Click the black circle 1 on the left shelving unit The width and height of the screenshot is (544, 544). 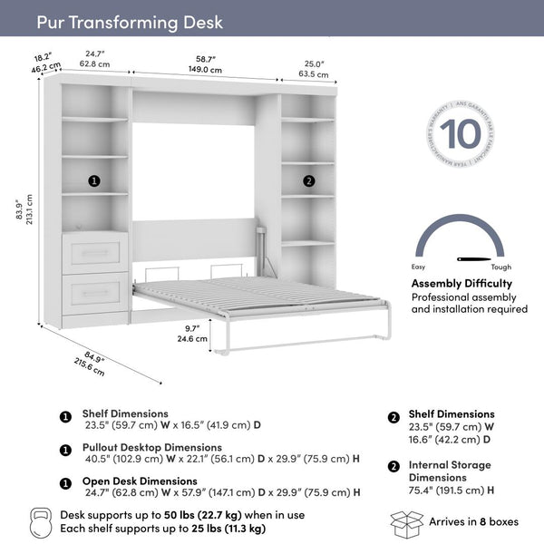click(94, 180)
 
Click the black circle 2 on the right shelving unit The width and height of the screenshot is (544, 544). click(308, 180)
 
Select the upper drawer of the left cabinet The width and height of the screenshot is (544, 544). click(95, 251)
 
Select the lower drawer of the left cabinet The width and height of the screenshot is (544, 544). click(95, 292)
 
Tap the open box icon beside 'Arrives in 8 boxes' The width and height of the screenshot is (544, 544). click(406, 523)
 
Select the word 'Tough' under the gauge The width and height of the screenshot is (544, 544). click(500, 267)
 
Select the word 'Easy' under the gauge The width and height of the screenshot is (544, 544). click(420, 267)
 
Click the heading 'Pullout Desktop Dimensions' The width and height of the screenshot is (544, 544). click(152, 447)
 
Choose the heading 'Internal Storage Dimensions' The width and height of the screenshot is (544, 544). click(450, 471)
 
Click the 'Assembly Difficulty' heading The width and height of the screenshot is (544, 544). click(461, 283)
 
